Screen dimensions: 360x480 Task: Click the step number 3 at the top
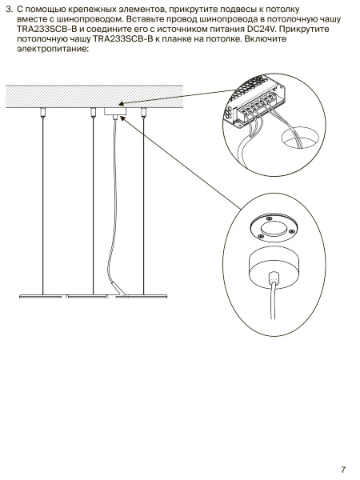pos(10,10)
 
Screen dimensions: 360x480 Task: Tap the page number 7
pos(343,470)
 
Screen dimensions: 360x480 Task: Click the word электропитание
pos(52,49)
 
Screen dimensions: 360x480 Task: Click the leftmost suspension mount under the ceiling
pos(42,113)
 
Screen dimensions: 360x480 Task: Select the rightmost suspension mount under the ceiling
pos(143,113)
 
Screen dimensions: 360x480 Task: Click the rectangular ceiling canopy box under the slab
pos(114,111)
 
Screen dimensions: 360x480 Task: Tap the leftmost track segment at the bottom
pos(41,296)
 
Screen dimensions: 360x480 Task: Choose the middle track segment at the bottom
pos(87,296)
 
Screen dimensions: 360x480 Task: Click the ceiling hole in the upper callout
pos(298,139)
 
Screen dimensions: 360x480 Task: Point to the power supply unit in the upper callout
pos(257,101)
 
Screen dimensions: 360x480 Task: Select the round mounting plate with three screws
pos(274,227)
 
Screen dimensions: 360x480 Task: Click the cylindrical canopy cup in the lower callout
pos(273,267)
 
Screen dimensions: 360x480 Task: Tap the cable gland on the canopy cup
pos(273,278)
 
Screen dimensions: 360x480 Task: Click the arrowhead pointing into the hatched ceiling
pos(122,104)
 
